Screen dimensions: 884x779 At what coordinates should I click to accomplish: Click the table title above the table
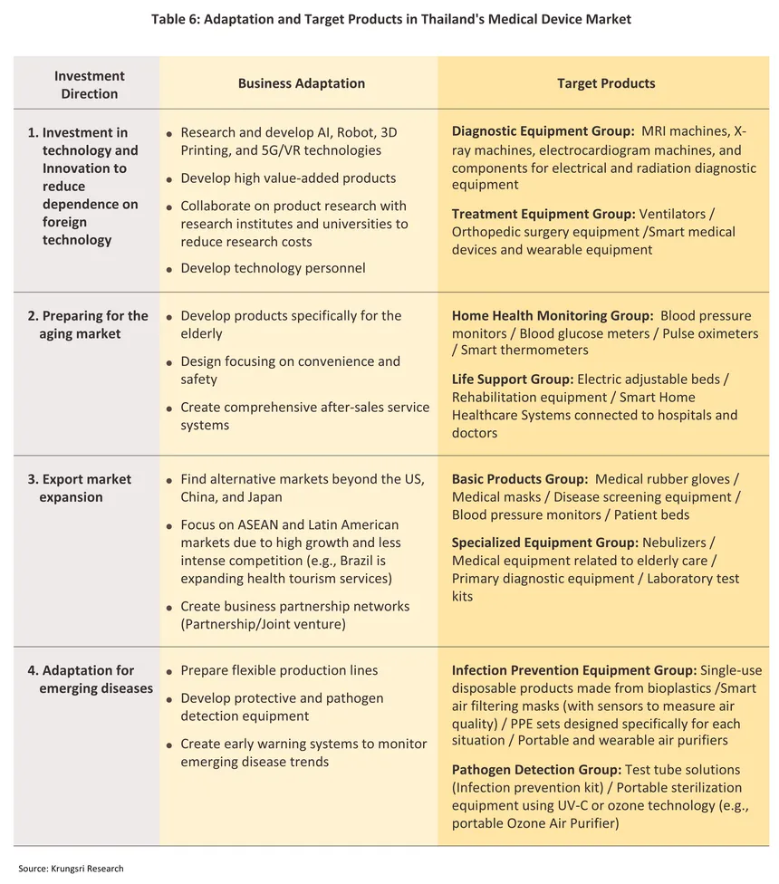pyautogui.click(x=390, y=19)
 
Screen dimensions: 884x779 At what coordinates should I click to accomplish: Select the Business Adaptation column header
pyautogui.click(x=301, y=83)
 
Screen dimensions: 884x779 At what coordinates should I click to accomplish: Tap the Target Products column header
pyautogui.click(x=605, y=83)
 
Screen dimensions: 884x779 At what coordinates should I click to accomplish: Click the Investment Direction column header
pyautogui.click(x=89, y=84)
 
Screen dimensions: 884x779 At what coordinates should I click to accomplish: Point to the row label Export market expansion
pyautogui.click(x=80, y=488)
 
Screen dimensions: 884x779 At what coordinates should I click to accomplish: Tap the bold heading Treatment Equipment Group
pyautogui.click(x=543, y=214)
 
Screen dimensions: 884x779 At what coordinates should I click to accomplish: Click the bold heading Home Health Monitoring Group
pyautogui.click(x=553, y=316)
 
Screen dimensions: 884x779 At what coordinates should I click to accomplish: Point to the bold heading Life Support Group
pyautogui.click(x=512, y=379)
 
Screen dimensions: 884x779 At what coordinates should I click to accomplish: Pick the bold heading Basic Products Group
pyautogui.click(x=520, y=479)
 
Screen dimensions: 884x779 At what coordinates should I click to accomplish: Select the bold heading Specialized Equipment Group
pyautogui.click(x=545, y=543)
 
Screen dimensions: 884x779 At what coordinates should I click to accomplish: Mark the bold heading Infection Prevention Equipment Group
pyautogui.click(x=574, y=671)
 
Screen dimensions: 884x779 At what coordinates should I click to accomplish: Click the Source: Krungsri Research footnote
pyautogui.click(x=71, y=869)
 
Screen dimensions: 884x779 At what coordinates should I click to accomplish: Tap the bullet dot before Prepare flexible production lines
pyautogui.click(x=170, y=672)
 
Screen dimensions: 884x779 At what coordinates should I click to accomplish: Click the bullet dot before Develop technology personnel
pyautogui.click(x=170, y=269)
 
